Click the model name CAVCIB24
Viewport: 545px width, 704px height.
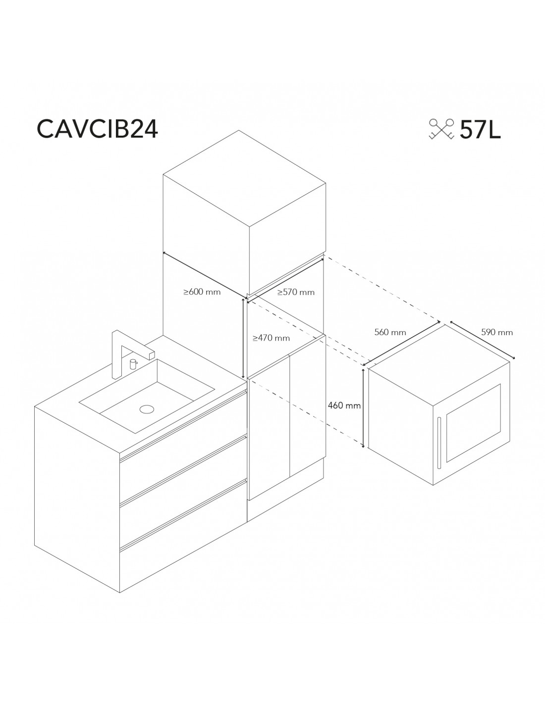(97, 129)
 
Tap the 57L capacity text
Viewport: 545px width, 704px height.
(480, 130)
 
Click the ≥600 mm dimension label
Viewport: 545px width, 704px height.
(202, 292)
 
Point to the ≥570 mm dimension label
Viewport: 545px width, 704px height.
(296, 293)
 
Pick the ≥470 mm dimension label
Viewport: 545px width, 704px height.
(271, 338)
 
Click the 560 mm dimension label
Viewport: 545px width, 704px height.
(390, 332)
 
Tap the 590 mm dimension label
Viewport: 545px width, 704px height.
(496, 332)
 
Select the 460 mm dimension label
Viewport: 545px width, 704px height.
(344, 405)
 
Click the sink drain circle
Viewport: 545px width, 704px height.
(147, 409)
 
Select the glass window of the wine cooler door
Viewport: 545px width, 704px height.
(473, 423)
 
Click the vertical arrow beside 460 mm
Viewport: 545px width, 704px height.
(363, 408)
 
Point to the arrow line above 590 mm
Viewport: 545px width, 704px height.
(482, 340)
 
